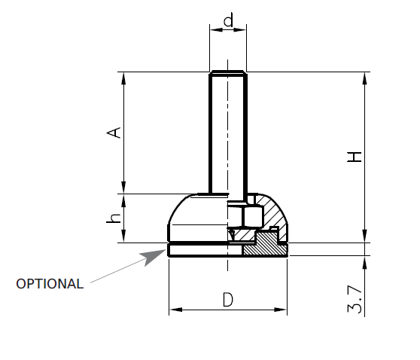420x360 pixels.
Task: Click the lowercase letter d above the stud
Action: pyautogui.click(x=227, y=20)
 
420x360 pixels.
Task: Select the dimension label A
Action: pyautogui.click(x=114, y=133)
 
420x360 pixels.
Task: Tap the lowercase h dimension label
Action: pyautogui.click(x=114, y=218)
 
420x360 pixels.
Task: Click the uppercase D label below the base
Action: pyautogui.click(x=227, y=300)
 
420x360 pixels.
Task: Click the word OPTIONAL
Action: pyautogui.click(x=50, y=284)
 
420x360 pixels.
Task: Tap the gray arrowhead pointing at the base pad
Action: pyautogui.click(x=155, y=255)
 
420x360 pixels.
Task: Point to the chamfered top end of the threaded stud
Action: pyautogui.click(x=227, y=75)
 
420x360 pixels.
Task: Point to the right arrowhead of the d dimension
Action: pyautogui.click(x=242, y=31)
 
